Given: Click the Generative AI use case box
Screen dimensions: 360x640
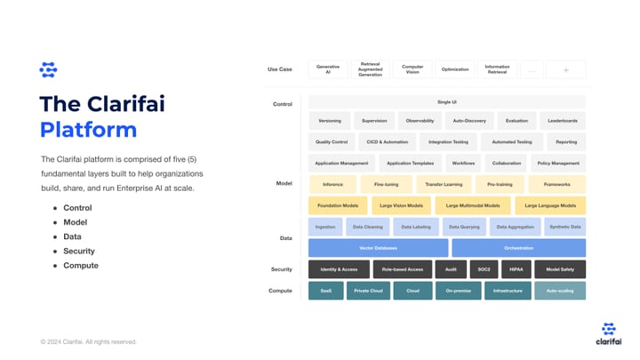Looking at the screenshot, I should [328, 69].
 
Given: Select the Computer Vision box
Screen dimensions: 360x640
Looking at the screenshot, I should [412, 69].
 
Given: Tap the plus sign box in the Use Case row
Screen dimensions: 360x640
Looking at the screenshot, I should [565, 69].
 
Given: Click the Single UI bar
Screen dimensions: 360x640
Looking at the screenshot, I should [447, 102].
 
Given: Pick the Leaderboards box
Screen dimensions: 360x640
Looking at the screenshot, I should [563, 121].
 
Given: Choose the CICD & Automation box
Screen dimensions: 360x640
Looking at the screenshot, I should [387, 141].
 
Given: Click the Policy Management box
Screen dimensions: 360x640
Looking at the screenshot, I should [558, 164].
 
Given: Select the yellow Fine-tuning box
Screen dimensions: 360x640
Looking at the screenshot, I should [386, 184].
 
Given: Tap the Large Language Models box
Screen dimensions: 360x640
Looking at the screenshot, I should [550, 205].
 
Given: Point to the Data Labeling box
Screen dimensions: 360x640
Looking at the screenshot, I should [416, 227].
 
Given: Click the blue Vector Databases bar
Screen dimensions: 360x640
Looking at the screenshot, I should [378, 248].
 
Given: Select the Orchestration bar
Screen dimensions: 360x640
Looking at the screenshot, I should [518, 248].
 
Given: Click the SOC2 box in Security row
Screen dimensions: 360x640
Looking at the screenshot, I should [483, 268].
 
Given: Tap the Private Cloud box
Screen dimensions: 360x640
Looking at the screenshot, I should [368, 291].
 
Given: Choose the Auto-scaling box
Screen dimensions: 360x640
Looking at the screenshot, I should [559, 291].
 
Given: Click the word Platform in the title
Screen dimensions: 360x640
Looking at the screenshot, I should [88, 130].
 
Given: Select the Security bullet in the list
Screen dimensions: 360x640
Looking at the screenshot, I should [78, 251].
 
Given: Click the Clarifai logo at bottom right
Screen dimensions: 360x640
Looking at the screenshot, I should [609, 334].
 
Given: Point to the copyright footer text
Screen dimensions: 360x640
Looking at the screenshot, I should [89, 341].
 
